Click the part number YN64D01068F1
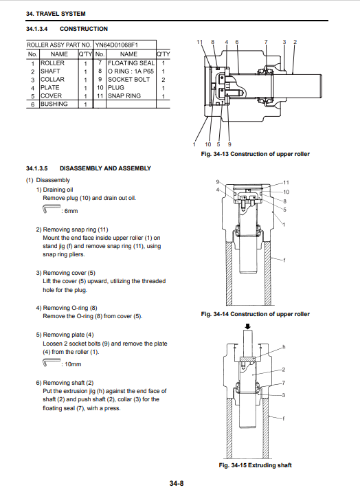click(x=117, y=45)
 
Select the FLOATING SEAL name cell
click(x=131, y=63)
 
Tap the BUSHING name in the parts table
click(x=54, y=104)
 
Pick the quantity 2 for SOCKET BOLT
click(x=164, y=80)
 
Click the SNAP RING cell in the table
click(x=124, y=96)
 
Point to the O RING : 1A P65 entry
click(x=131, y=71)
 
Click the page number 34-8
click(x=177, y=483)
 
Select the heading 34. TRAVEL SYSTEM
click(x=56, y=14)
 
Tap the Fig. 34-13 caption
click(x=255, y=154)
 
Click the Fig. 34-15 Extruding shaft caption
click(x=255, y=465)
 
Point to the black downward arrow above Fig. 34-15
click(x=248, y=326)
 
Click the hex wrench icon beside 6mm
click(x=50, y=209)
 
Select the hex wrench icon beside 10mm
click(x=50, y=362)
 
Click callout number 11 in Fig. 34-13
click(x=200, y=42)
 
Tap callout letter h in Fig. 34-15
click(x=284, y=347)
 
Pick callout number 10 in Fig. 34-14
click(x=286, y=192)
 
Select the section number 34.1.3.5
click(x=36, y=168)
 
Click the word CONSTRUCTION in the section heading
click(x=84, y=29)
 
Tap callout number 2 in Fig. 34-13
click(x=295, y=42)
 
